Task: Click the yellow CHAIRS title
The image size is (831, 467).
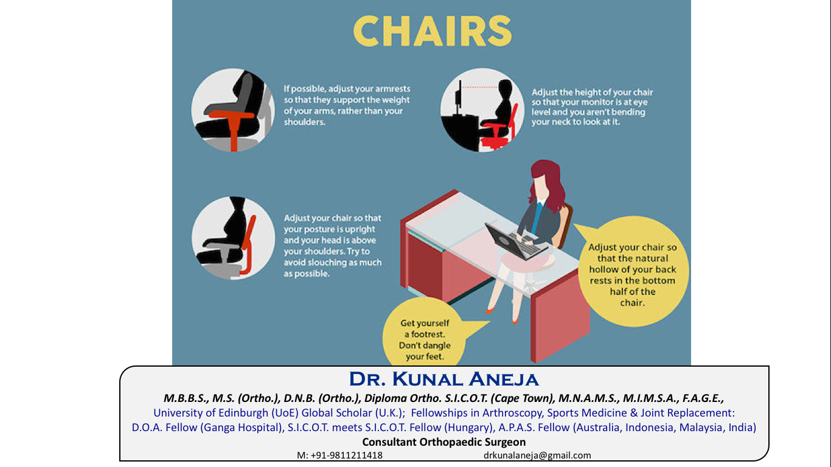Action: [x=432, y=31]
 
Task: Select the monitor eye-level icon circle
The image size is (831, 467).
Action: [x=482, y=110]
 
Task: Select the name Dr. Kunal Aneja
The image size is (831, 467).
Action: [x=444, y=379]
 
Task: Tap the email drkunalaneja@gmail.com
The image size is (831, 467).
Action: [x=537, y=455]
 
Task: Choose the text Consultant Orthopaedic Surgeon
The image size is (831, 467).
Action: [x=444, y=442]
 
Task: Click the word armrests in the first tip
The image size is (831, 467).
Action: [x=389, y=89]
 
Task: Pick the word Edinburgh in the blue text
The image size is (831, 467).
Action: [x=239, y=413]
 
